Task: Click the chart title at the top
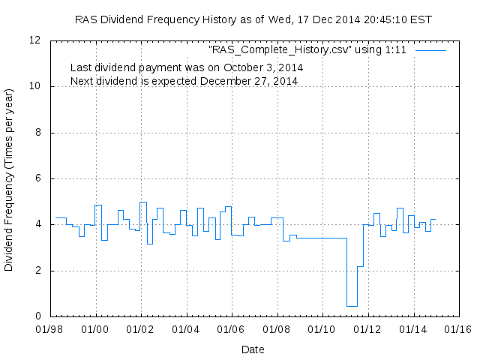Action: click(x=253, y=19)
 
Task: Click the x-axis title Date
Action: click(x=253, y=349)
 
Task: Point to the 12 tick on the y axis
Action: click(x=35, y=40)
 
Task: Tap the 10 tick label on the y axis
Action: click(x=35, y=87)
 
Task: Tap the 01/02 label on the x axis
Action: click(x=140, y=329)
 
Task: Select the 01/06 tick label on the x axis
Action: click(x=231, y=329)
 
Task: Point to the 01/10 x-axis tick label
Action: click(x=321, y=329)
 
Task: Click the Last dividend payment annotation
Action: click(x=186, y=67)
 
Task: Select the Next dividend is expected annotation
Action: click(x=184, y=80)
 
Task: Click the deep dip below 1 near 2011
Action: click(x=352, y=306)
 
